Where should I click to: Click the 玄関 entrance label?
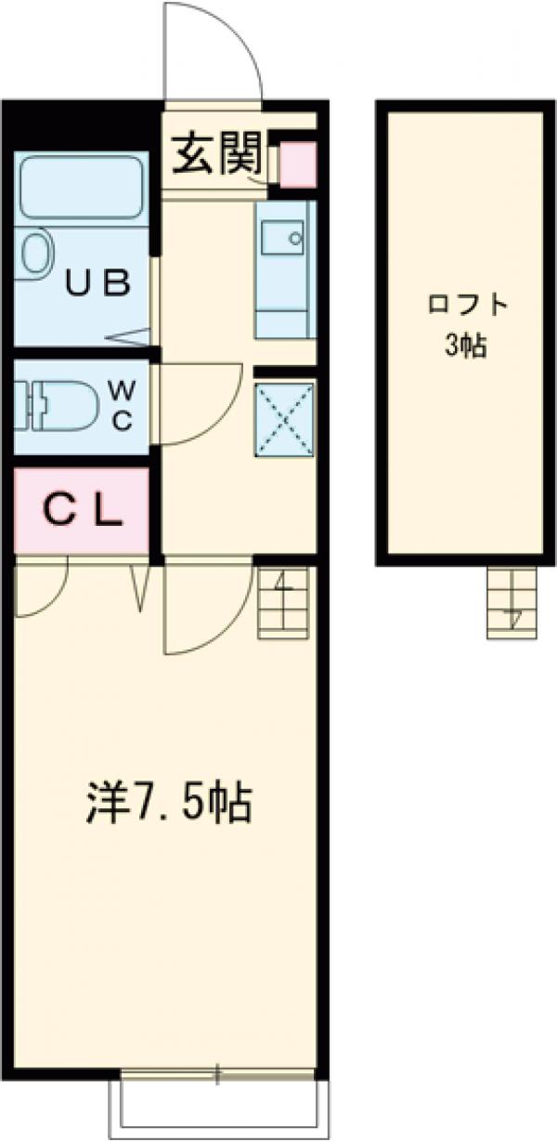(215, 152)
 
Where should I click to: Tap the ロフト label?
(457, 307)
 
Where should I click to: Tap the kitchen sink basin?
(284, 239)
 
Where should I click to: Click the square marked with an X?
(284, 418)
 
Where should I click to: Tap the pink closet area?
(82, 511)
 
